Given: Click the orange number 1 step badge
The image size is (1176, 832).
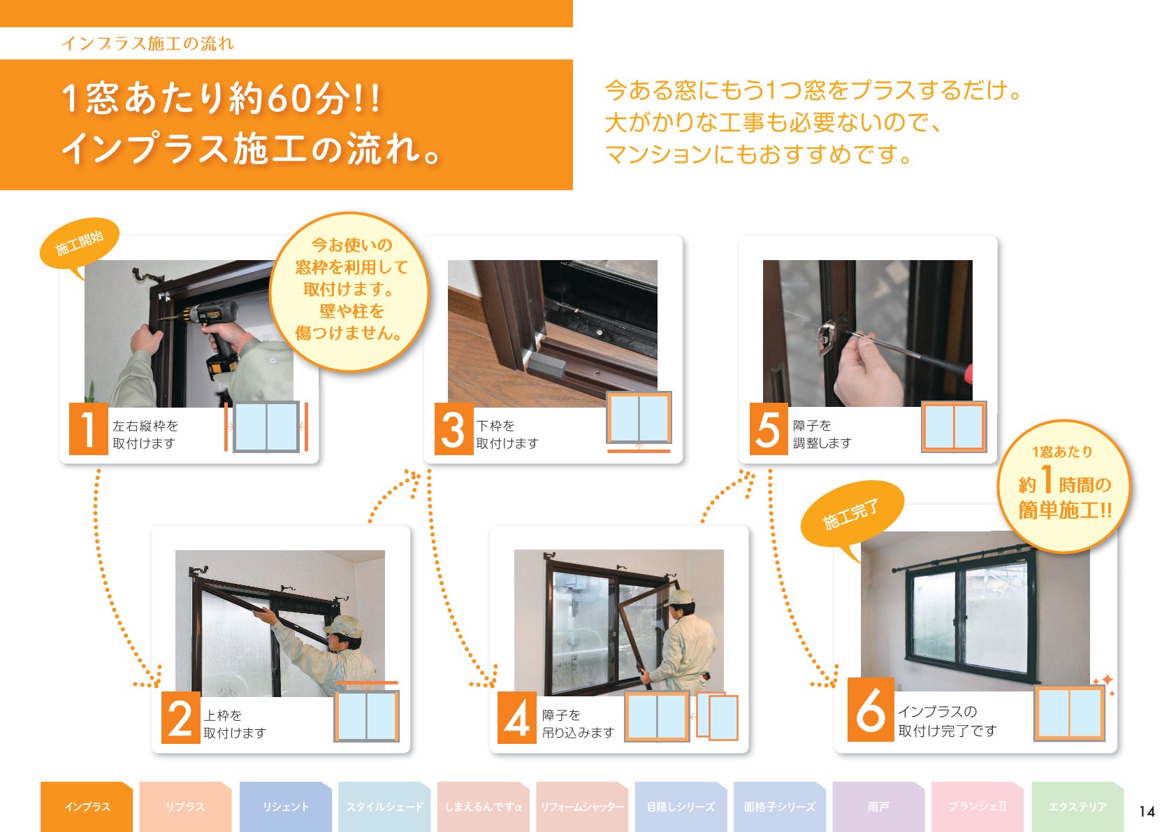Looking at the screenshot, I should [x=88, y=429].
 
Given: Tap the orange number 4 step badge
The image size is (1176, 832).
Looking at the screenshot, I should [x=516, y=718].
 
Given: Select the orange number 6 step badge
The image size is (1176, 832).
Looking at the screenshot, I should [x=870, y=710].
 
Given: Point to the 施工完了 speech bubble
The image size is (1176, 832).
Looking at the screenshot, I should [x=851, y=515].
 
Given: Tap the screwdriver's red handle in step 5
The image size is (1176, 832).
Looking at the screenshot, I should [x=968, y=373].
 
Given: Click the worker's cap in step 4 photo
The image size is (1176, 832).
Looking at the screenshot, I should [x=680, y=598].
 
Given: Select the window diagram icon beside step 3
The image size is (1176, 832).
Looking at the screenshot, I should [x=639, y=419].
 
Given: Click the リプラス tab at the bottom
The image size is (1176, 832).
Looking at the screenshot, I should [x=185, y=807].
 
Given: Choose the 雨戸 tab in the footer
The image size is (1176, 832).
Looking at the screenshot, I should [x=878, y=807].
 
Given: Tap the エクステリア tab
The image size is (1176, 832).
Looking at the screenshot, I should [x=1077, y=807].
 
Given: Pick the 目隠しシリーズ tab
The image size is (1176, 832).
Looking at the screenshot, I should [x=681, y=807].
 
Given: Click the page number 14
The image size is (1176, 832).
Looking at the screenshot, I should [x=1147, y=812].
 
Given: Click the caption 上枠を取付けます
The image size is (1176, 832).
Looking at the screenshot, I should [x=235, y=724].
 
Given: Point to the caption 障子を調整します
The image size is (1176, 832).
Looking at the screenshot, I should [x=822, y=434].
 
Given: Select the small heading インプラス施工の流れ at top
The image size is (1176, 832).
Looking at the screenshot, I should [x=147, y=43].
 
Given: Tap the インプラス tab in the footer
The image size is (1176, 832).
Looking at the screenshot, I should [x=87, y=807].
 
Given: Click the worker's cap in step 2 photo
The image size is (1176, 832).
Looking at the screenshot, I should [x=344, y=624].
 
